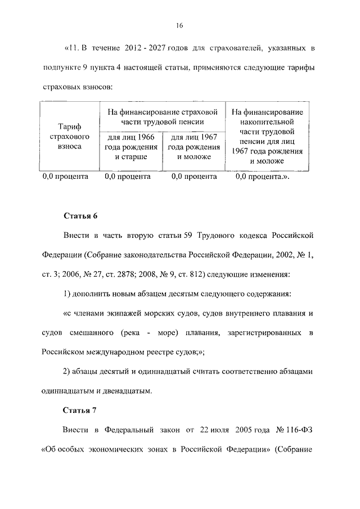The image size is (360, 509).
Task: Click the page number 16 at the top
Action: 180,25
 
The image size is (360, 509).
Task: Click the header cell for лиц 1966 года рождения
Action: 130,147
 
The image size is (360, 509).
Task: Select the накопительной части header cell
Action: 267,136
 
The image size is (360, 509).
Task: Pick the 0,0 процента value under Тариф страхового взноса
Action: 66,177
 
